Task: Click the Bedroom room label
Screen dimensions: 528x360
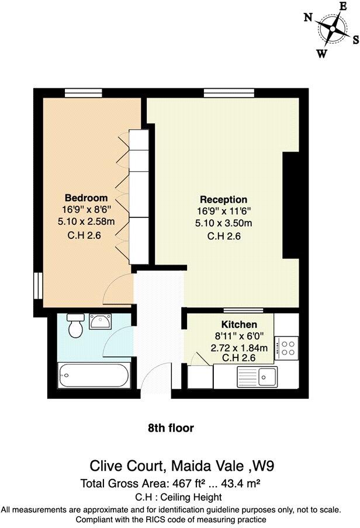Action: pos(86,197)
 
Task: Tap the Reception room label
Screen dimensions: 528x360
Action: pos(223,199)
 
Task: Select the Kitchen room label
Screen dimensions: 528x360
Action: pos(238,325)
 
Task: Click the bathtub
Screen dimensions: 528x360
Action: pos(94,375)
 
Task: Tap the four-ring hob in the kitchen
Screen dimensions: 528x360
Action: pos(287,348)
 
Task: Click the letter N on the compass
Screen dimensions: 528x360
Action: pos(307,18)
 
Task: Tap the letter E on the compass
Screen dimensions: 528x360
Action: pos(343,6)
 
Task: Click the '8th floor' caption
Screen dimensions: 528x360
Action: pos(171,428)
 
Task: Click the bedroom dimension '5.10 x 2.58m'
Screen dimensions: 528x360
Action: pos(86,222)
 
